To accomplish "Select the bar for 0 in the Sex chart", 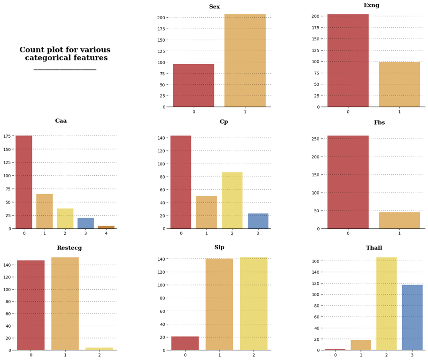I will (193, 85).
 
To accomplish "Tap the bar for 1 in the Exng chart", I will (399, 84).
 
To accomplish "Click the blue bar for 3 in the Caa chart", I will (85, 223).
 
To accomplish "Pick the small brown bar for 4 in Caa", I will (106, 227).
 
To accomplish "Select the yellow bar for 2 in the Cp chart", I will (232, 201).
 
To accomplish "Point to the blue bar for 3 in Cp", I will (258, 221).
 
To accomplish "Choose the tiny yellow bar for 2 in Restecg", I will (99, 349).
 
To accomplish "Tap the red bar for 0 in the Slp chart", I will (185, 343).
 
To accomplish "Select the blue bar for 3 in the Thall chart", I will (412, 317).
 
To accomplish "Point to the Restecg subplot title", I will (69, 248).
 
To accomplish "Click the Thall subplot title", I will (374, 248).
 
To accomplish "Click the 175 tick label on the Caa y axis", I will (7, 136).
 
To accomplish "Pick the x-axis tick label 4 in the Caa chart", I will (106, 233).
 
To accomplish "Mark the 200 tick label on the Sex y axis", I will (161, 18).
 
